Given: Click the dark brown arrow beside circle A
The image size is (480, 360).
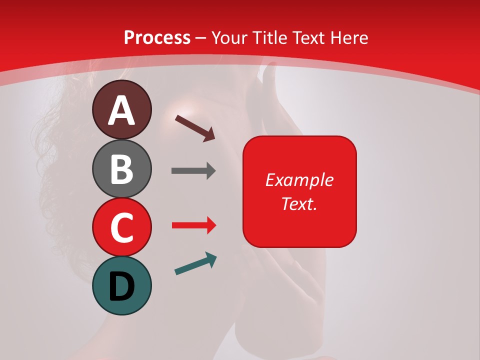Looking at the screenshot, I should point(195,127).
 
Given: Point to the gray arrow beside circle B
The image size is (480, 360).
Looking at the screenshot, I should point(193,171).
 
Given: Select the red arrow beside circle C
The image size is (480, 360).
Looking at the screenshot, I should point(193,225).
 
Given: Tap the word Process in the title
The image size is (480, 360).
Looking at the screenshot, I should point(157,38).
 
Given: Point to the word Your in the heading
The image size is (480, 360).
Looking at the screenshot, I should point(231,38).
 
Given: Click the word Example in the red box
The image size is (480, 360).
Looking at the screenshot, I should point(299,180).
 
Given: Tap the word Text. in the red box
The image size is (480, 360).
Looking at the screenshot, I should point(299,203).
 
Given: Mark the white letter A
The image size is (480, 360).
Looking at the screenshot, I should point(122,110).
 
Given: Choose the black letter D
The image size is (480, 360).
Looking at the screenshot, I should point(122,286).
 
